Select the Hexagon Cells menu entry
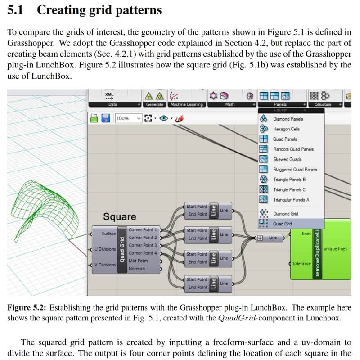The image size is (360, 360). tap(286, 129)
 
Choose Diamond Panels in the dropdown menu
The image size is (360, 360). tap(288, 119)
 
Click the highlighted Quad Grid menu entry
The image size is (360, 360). tap(282, 224)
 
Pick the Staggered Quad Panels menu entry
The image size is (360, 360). tap(295, 170)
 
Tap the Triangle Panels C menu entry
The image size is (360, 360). tap(289, 189)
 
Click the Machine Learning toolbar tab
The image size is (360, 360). tap(186, 104)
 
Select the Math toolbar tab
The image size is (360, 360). tap(229, 104)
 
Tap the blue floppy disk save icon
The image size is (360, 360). tap(106, 118)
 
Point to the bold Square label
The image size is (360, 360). tap(120, 217)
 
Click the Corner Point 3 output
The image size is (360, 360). tap(143, 245)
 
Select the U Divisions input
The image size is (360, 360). tap(104, 249)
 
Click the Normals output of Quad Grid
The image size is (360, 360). tap(137, 269)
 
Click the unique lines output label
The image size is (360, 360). tap(335, 249)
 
